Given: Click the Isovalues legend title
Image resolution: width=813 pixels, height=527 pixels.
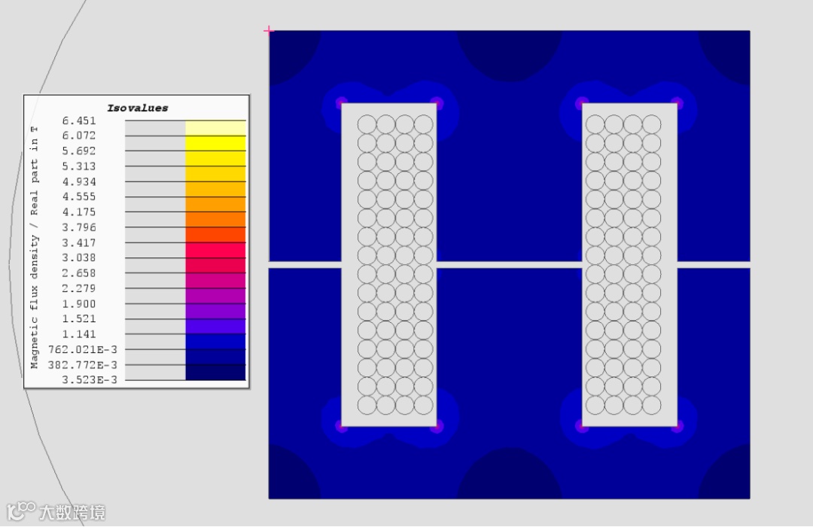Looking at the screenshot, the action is [138, 108].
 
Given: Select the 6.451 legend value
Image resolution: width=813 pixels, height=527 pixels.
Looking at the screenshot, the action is [79, 121].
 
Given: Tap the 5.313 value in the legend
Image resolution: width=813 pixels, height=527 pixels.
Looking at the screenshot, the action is [79, 166].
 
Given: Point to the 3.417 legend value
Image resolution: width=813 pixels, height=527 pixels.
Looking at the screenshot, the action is [79, 242].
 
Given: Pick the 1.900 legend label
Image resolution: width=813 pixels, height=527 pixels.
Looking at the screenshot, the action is [79, 303].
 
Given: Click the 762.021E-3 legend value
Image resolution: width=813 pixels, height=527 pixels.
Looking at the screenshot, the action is [83, 349].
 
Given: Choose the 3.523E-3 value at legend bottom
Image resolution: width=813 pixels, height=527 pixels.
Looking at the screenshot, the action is [89, 379].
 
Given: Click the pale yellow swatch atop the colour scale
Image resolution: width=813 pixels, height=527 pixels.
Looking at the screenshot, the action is [216, 128].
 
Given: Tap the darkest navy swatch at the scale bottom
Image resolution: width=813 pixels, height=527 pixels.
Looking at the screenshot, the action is [216, 373].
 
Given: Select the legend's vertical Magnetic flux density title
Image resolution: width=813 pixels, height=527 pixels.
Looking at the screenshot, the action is [34, 247].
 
